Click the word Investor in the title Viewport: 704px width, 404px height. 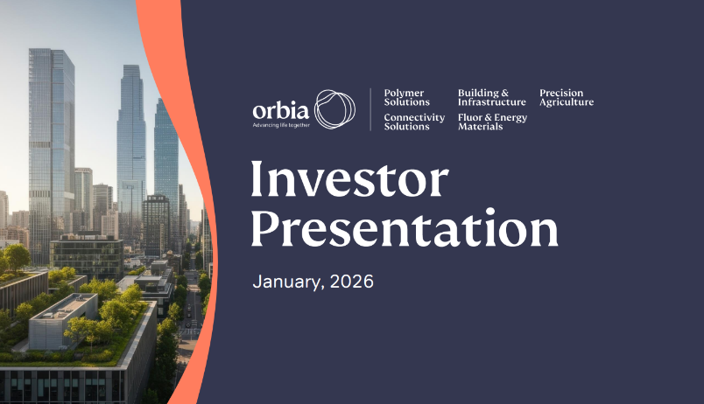349,181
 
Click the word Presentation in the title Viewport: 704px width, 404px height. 405,228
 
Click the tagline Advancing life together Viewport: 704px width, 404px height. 281,125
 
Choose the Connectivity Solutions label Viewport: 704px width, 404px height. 414,122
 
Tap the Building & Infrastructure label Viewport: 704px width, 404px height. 491,98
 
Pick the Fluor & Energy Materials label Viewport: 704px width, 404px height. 492,122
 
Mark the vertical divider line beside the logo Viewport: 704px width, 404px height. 370,109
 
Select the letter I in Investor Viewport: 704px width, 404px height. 257,181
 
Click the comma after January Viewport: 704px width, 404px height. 310,288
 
